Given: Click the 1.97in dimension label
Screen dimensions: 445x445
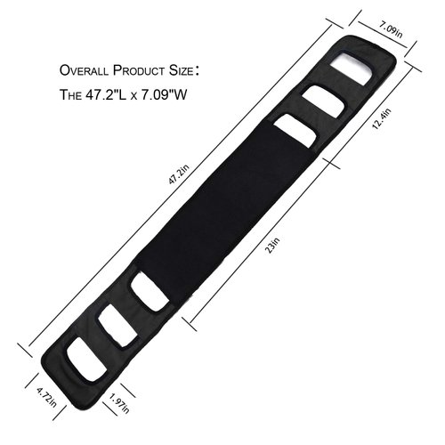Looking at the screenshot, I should (x=115, y=409).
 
